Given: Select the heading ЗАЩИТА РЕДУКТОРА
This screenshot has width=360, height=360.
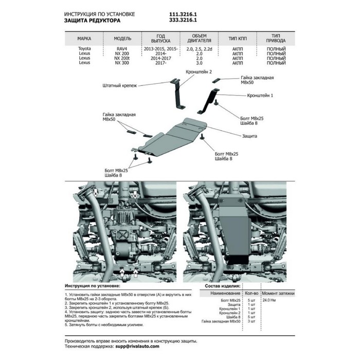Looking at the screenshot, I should [92, 22].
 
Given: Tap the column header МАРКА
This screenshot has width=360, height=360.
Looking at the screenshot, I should [85, 39].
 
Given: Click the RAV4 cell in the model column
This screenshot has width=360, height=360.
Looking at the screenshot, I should [123, 48].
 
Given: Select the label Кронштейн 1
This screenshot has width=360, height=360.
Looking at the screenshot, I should [260, 96].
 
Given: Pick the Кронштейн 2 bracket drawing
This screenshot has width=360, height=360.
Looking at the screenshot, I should [177, 93].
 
